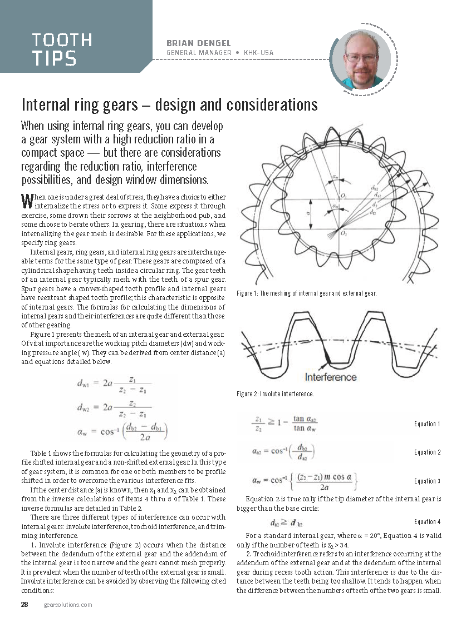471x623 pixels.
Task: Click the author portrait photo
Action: tap(361, 58)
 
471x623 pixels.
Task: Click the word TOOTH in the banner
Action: tap(62, 41)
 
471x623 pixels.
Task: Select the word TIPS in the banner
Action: tap(54, 59)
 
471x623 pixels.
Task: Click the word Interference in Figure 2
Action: tap(331, 377)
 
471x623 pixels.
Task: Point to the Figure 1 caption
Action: tap(307, 293)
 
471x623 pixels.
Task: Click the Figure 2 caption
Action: tap(276, 394)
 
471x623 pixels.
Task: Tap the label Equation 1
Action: tap(427, 424)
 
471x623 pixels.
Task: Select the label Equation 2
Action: tap(427, 452)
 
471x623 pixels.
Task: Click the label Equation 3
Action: tap(427, 481)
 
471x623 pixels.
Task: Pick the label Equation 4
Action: tap(427, 522)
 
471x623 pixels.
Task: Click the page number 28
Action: tap(24, 605)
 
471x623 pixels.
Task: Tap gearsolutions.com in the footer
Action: tap(68, 605)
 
